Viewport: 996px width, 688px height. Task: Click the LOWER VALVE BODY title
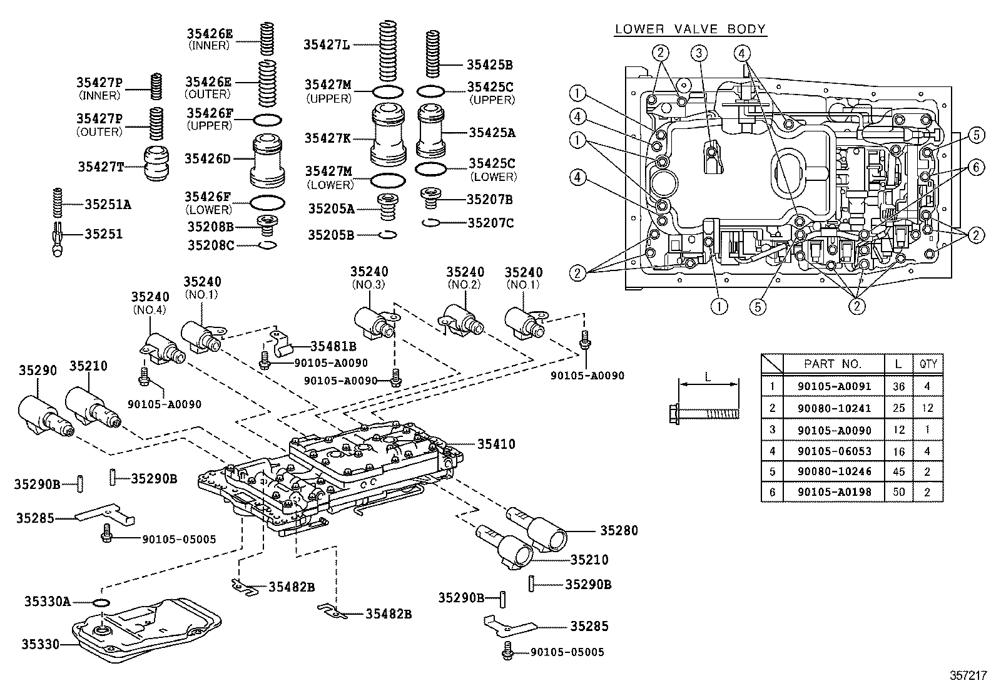click(x=690, y=29)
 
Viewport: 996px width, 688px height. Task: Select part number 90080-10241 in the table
click(x=834, y=408)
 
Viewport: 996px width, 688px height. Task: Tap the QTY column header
click(x=927, y=364)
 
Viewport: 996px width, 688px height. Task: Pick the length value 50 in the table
click(x=898, y=493)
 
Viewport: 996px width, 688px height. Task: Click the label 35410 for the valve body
click(x=496, y=444)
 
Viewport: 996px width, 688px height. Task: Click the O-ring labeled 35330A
click(x=100, y=602)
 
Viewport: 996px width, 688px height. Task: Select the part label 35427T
click(x=101, y=167)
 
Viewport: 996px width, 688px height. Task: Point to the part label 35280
click(x=619, y=530)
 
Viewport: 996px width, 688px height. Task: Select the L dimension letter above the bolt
click(x=708, y=377)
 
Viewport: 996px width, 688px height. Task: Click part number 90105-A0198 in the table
click(x=834, y=493)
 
